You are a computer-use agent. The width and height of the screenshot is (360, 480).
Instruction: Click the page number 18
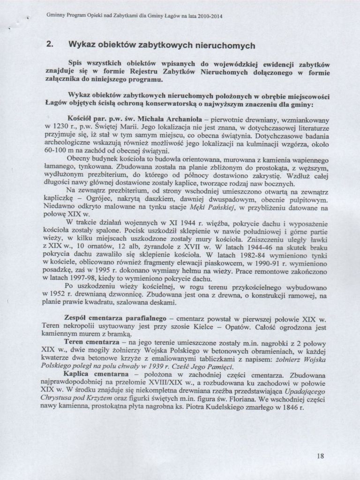point(320,455)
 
